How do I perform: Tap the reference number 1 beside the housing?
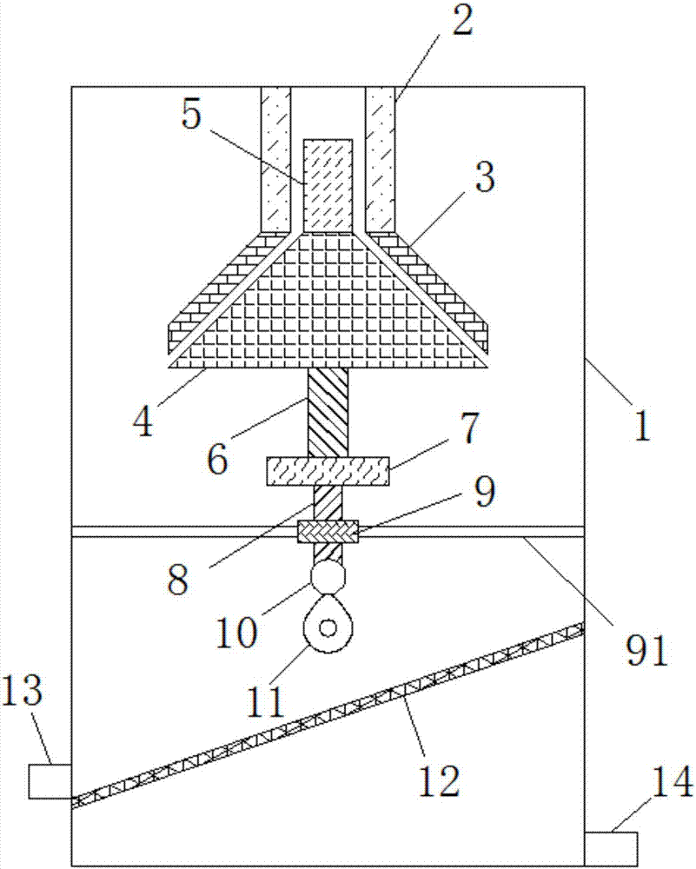pos(640,427)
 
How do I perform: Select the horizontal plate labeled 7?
pos(328,473)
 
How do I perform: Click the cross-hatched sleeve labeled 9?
pos(328,529)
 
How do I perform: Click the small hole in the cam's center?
pos(328,627)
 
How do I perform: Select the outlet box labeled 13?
pos(50,779)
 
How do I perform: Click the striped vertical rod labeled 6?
pos(328,412)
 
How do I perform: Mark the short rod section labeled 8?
pos(328,503)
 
